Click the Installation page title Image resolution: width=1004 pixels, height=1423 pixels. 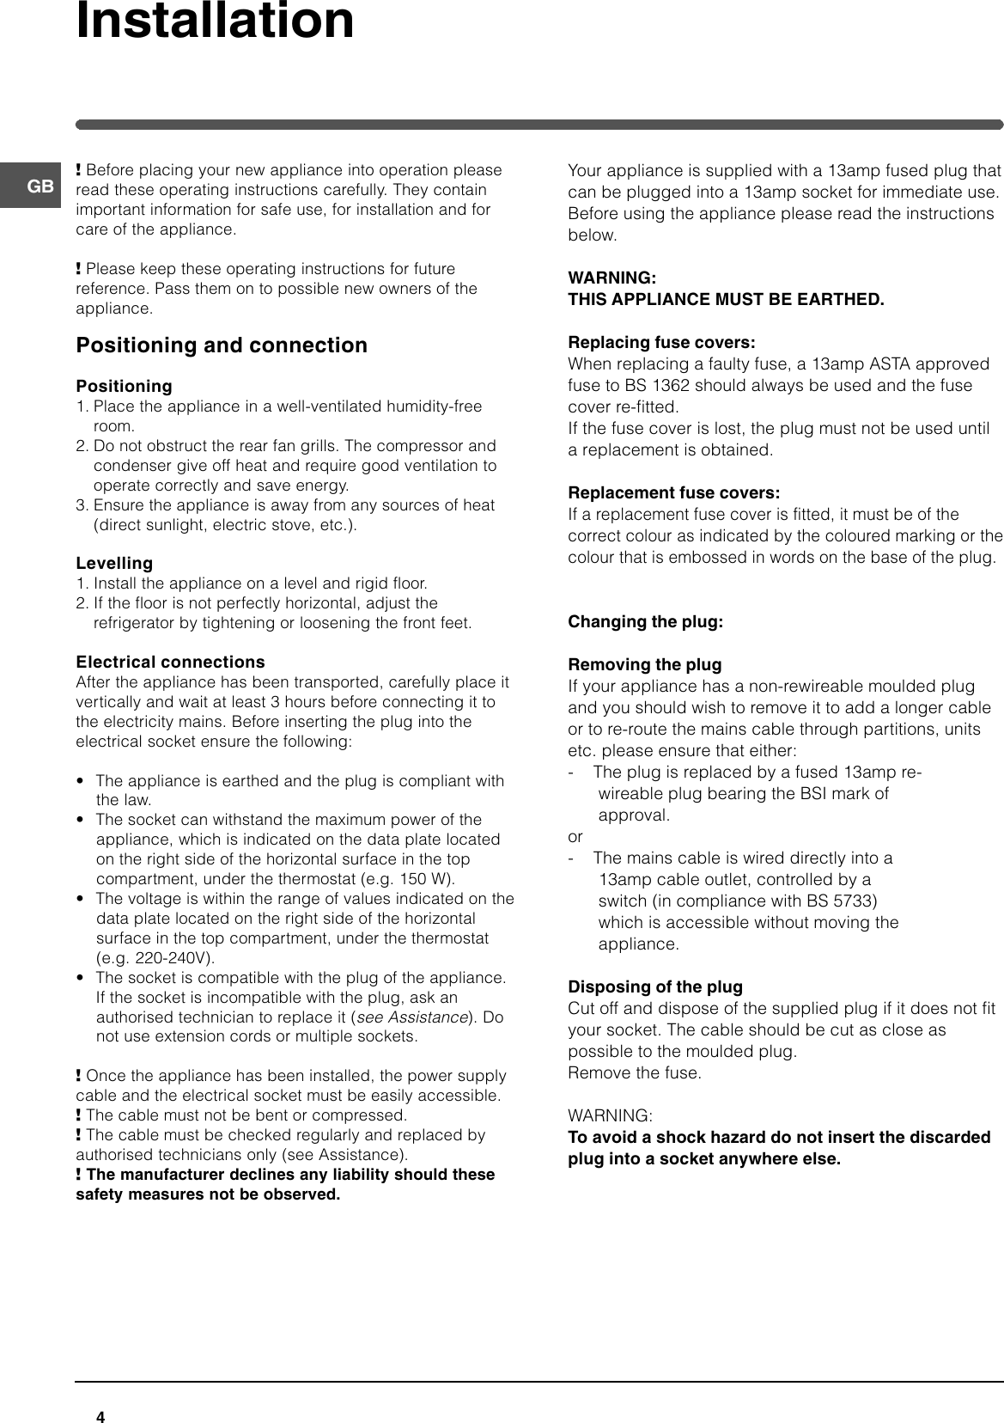215,21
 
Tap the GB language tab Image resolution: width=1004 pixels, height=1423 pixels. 40,186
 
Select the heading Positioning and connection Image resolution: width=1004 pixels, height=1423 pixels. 222,345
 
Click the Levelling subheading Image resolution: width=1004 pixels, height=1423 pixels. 114,564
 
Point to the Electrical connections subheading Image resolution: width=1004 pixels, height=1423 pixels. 170,663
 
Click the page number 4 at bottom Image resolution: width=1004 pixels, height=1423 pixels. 100,1393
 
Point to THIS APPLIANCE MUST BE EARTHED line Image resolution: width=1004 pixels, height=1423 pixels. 726,300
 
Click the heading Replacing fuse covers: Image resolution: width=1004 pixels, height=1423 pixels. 661,343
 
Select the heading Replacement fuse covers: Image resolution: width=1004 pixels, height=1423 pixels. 674,493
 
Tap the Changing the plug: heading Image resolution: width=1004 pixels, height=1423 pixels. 645,622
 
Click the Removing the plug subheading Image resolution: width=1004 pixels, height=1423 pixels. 644,665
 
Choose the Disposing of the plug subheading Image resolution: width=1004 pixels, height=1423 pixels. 655,987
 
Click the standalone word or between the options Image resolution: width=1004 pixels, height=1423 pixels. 575,837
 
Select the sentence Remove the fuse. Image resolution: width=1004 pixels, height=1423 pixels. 634,1073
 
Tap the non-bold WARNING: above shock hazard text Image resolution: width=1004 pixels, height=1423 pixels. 609,1116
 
